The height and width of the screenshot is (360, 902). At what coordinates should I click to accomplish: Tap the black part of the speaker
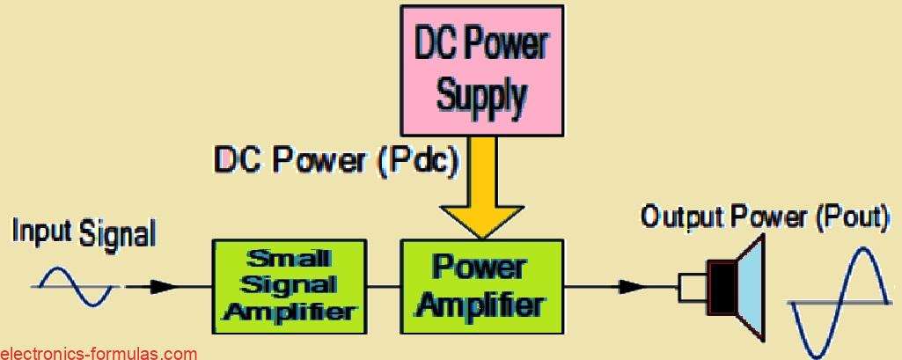click(725, 286)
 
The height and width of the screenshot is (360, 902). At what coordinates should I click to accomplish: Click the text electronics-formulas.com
click(99, 353)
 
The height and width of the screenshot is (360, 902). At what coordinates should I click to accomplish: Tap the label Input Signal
click(84, 234)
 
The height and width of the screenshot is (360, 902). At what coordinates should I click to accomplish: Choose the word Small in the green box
click(289, 259)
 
